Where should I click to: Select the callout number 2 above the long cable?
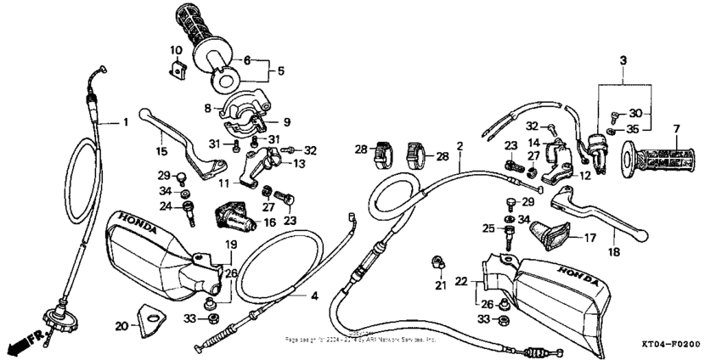460,147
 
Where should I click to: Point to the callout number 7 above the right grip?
676,129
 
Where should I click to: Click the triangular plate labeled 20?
149,321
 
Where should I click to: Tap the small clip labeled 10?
178,69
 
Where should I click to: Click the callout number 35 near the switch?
633,130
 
